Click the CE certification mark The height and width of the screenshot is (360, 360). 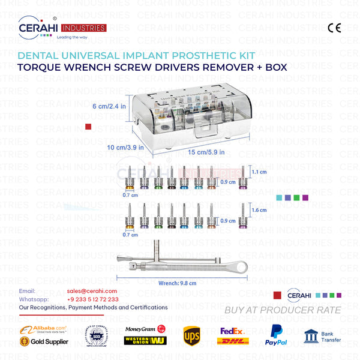334,28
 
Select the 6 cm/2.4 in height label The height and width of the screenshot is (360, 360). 109,106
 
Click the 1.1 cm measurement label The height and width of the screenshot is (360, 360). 259,172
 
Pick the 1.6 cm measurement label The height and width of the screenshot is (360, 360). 259,210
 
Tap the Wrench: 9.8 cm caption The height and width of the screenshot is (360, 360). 178,283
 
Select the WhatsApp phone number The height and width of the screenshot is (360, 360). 93,299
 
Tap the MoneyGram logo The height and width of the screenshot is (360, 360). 144,329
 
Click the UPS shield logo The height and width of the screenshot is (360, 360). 191,334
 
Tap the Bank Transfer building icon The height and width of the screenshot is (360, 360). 311,334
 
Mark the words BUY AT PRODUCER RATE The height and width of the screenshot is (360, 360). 282,310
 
